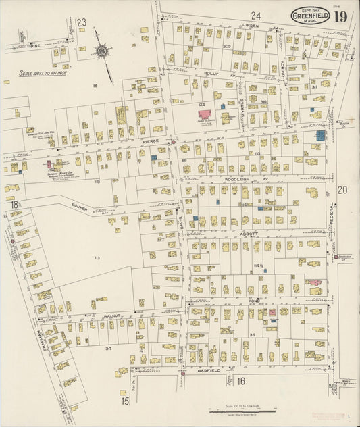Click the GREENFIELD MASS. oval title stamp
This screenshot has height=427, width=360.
pyautogui.click(x=310, y=15)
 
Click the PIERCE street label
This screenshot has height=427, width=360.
pyautogui.click(x=151, y=141)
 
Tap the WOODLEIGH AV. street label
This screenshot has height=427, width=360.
pyautogui.click(x=238, y=180)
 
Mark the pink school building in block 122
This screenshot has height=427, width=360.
pyautogui.click(x=205, y=114)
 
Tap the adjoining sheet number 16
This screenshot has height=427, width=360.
pyautogui.click(x=240, y=381)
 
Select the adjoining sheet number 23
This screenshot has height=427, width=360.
pyautogui.click(x=82, y=22)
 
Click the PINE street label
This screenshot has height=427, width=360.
pyautogui.click(x=45, y=45)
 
